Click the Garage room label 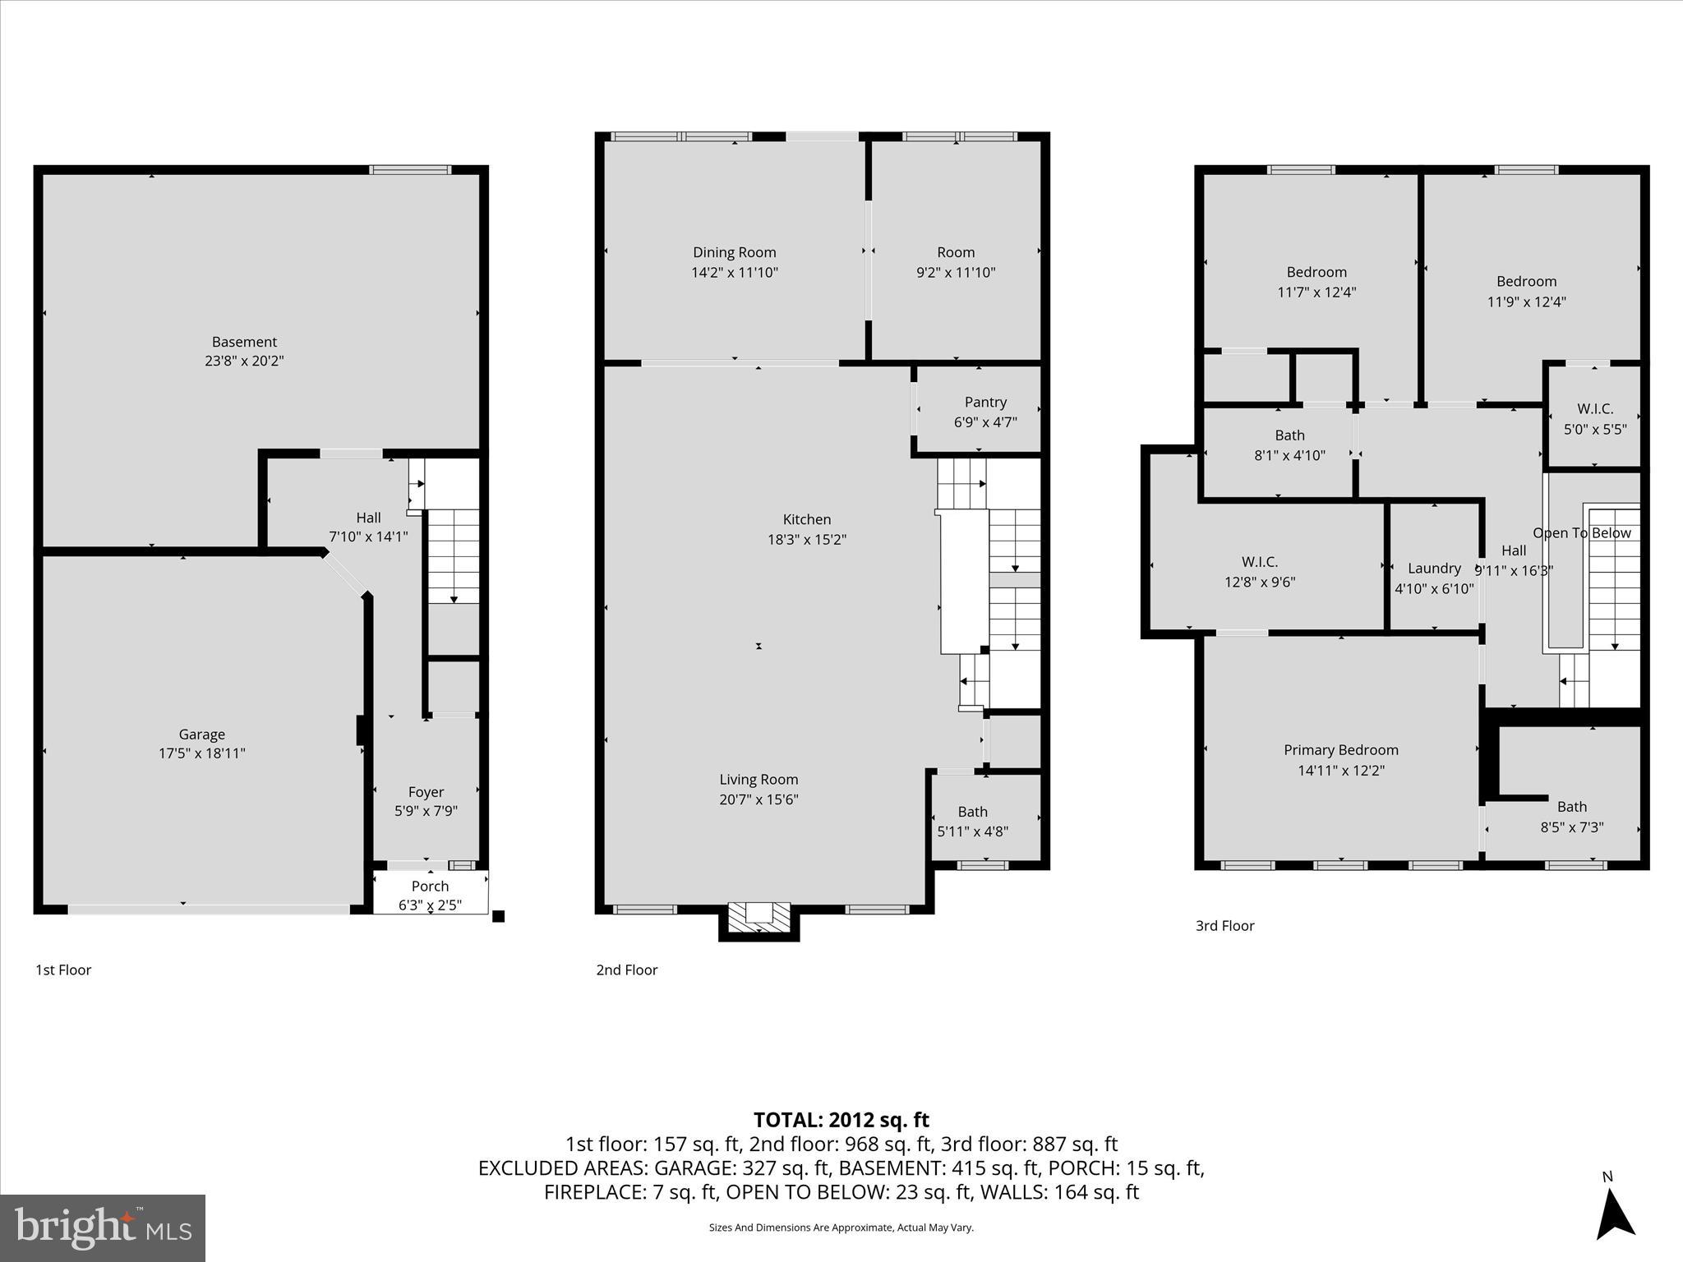(x=201, y=735)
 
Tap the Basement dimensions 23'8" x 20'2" (x=244, y=361)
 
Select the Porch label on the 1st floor (x=430, y=887)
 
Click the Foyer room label (x=426, y=792)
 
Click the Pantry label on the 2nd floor (x=985, y=402)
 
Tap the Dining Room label (x=734, y=252)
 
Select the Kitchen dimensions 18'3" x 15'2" (x=806, y=540)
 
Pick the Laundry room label (x=1434, y=569)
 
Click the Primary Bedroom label (x=1340, y=750)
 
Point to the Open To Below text (x=1581, y=533)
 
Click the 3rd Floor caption (x=1224, y=926)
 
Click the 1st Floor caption (x=63, y=970)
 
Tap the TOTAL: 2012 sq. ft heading (x=841, y=1120)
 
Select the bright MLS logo (x=103, y=1227)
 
